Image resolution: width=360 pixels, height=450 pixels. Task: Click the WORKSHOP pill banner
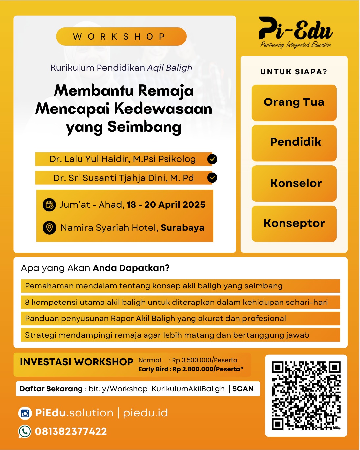[x=121, y=36]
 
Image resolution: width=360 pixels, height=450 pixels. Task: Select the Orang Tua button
[x=294, y=102]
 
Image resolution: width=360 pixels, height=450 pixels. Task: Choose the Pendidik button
[x=294, y=143]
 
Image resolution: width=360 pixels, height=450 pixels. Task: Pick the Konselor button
[x=294, y=183]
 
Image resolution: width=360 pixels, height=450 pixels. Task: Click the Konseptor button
[x=294, y=224]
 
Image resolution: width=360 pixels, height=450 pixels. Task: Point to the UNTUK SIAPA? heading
[x=294, y=72]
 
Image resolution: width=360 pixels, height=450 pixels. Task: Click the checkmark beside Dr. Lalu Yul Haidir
[x=212, y=159]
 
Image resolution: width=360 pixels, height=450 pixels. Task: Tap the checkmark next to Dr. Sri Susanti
[x=212, y=178]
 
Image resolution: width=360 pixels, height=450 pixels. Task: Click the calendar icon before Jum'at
[x=49, y=205]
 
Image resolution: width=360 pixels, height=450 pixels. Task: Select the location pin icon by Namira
[x=49, y=227]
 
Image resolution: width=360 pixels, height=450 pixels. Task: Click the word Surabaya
[x=182, y=228]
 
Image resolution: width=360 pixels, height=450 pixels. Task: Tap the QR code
[x=306, y=395]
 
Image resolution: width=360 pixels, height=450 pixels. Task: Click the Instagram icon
[x=25, y=413]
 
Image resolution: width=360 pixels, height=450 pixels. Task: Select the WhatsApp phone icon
[x=25, y=431]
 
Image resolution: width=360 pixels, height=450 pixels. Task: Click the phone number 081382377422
[x=71, y=431]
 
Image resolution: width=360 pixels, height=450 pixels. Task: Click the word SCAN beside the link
[x=243, y=389]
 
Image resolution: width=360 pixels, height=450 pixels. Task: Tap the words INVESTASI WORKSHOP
[x=77, y=362]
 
